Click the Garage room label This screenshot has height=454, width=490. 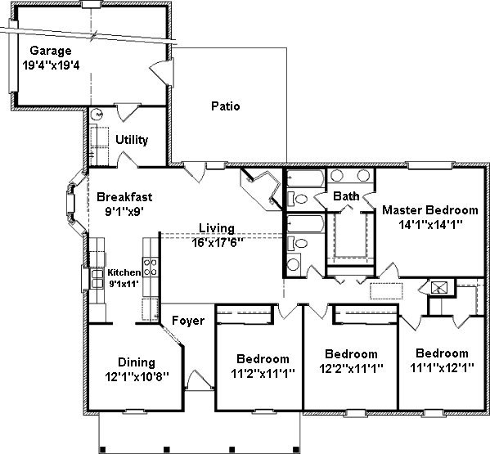pos(51,51)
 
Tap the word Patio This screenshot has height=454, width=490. pos(225,106)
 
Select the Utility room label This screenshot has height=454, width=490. pos(132,140)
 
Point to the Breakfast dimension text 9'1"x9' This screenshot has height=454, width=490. pos(124,212)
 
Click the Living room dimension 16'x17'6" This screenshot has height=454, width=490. pos(218,242)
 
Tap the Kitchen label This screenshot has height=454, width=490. pos(124,272)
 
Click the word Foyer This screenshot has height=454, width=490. pos(188,321)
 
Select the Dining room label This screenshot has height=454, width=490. pos(137,362)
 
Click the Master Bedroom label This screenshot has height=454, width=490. pos(430,210)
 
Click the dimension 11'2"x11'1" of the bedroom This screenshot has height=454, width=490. pos(263,373)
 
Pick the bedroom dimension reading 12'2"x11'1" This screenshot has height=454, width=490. pos(351,369)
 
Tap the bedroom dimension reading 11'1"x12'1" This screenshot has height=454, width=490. pos(442,368)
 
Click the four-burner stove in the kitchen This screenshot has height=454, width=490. pos(151,267)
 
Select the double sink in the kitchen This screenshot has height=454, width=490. pos(97,279)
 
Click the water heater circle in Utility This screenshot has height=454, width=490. pos(97,115)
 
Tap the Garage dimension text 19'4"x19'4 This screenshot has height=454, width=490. pos(51,65)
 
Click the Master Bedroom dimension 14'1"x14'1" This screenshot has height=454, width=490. pos(430,224)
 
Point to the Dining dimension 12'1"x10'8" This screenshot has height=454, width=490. pos(137,377)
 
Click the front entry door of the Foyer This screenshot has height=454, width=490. pos(200,380)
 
